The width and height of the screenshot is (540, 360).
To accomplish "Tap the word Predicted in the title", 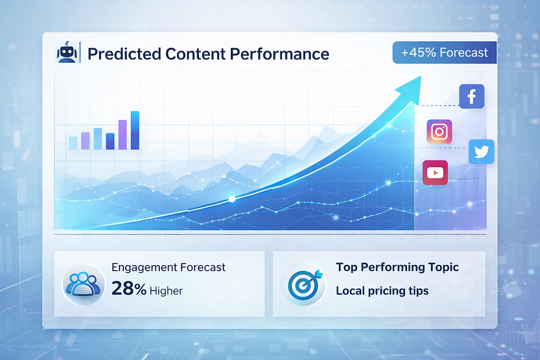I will pyautogui.click(x=117, y=54).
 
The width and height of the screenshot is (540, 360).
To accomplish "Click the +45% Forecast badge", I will pyautogui.click(x=444, y=53).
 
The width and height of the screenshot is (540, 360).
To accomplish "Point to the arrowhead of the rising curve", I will pyautogui.click(x=410, y=84).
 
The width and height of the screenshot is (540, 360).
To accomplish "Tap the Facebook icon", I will pyautogui.click(x=471, y=97).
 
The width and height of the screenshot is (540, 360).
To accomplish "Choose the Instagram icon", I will pyautogui.click(x=439, y=132).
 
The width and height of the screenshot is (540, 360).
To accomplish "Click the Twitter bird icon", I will pyautogui.click(x=481, y=152).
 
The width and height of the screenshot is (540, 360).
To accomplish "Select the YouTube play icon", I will pyautogui.click(x=435, y=173).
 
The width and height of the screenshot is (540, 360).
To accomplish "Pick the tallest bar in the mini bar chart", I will pyautogui.click(x=135, y=131).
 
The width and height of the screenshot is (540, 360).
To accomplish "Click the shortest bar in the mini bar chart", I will pyautogui.click(x=73, y=143).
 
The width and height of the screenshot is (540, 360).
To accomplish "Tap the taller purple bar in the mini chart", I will pyautogui.click(x=122, y=135).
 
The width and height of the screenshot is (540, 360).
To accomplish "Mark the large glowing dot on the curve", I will pyautogui.click(x=232, y=198).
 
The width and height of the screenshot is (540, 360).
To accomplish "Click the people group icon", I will pyautogui.click(x=83, y=283).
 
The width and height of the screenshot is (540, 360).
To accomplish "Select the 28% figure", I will pyautogui.click(x=128, y=288).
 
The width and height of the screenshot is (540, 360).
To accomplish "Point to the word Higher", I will pyautogui.click(x=166, y=290).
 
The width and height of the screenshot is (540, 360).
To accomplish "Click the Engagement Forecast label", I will pyautogui.click(x=168, y=267).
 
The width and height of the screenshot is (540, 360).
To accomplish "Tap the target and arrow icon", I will pyautogui.click(x=301, y=283).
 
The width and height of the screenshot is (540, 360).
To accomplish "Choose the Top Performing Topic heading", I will pyautogui.click(x=397, y=267).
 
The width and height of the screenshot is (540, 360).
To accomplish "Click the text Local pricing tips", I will pyautogui.click(x=382, y=291).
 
